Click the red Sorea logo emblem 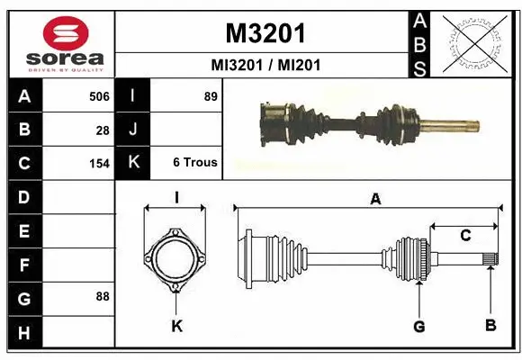pyautogui.click(x=59, y=33)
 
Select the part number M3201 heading pyautogui.click(x=265, y=33)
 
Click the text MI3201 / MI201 pyautogui.click(x=265, y=65)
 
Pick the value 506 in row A pyautogui.click(x=98, y=95)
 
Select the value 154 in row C pyautogui.click(x=98, y=164)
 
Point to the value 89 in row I pyautogui.click(x=211, y=95)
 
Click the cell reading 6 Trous pyautogui.click(x=195, y=163)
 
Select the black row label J pyautogui.click(x=133, y=130)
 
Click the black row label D pyautogui.click(x=23, y=197)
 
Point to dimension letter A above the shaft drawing pyautogui.click(x=375, y=199)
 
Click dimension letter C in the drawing pyautogui.click(x=465, y=236)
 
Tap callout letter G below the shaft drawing pyautogui.click(x=418, y=326)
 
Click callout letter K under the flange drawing pyautogui.click(x=176, y=326)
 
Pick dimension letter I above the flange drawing pyautogui.click(x=176, y=197)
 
